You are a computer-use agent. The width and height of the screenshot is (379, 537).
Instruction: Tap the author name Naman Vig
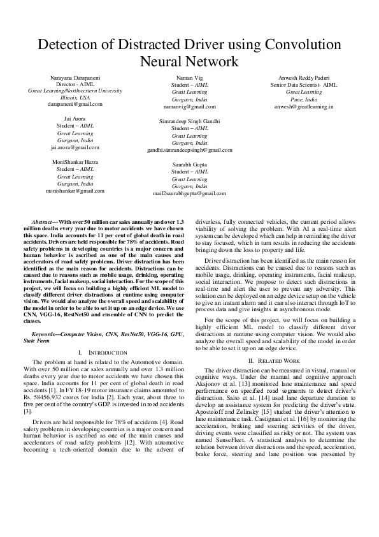pyautogui.click(x=189, y=77)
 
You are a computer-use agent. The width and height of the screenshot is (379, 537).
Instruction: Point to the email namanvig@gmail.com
pyautogui.click(x=189, y=107)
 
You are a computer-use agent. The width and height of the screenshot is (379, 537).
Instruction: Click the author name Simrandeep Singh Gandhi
pyautogui.click(x=189, y=121)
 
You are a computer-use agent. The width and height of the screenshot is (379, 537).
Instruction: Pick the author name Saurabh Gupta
pyautogui.click(x=189, y=164)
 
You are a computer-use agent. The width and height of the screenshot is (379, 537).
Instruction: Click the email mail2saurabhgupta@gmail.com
pyautogui.click(x=189, y=193)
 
